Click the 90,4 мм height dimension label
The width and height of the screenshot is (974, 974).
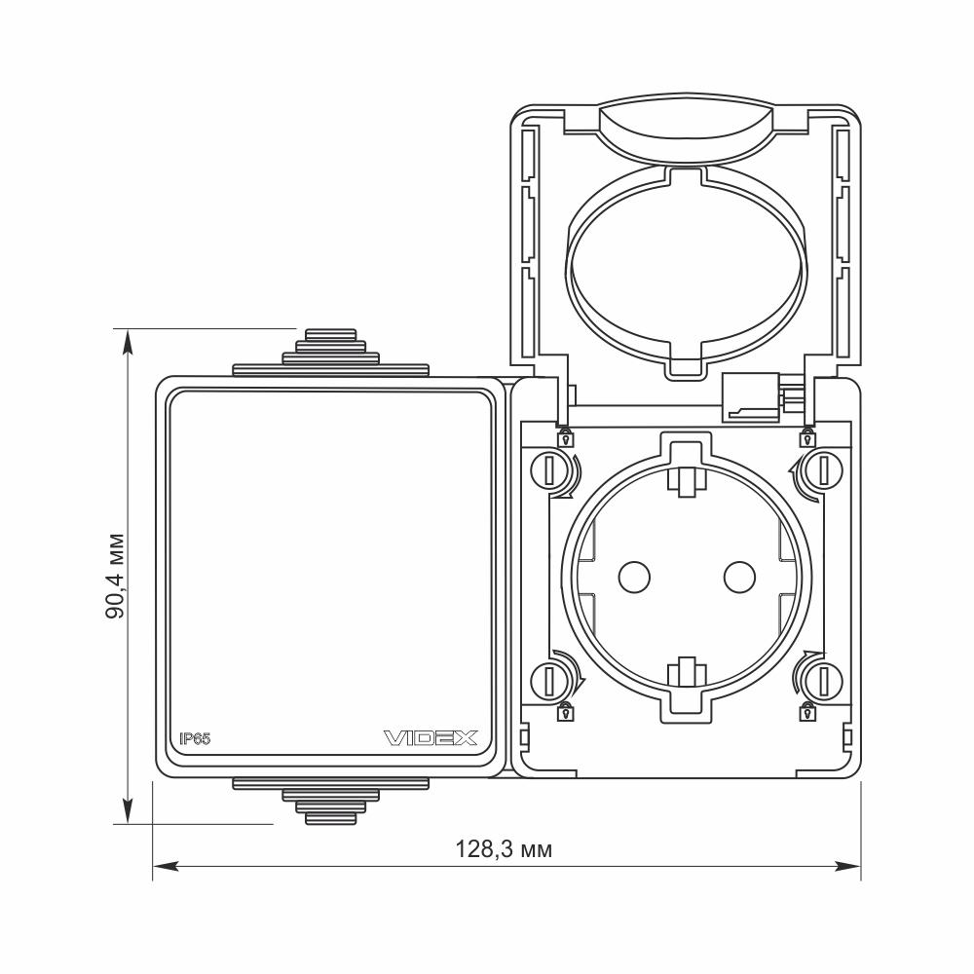pos(115,576)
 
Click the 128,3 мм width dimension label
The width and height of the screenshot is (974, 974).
pos(504,848)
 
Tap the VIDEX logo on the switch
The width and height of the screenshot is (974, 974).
pos(431,738)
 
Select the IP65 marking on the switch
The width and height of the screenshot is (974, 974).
pos(195,738)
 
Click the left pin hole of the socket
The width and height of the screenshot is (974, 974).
pos(634,577)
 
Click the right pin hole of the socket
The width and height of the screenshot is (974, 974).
pos(739,577)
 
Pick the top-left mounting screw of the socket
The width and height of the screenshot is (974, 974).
pos(548,470)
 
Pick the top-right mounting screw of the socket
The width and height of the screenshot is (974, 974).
pos(825,470)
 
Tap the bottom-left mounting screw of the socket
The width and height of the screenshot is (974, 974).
pos(548,680)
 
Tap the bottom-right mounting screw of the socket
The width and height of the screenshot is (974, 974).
pos(825,680)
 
